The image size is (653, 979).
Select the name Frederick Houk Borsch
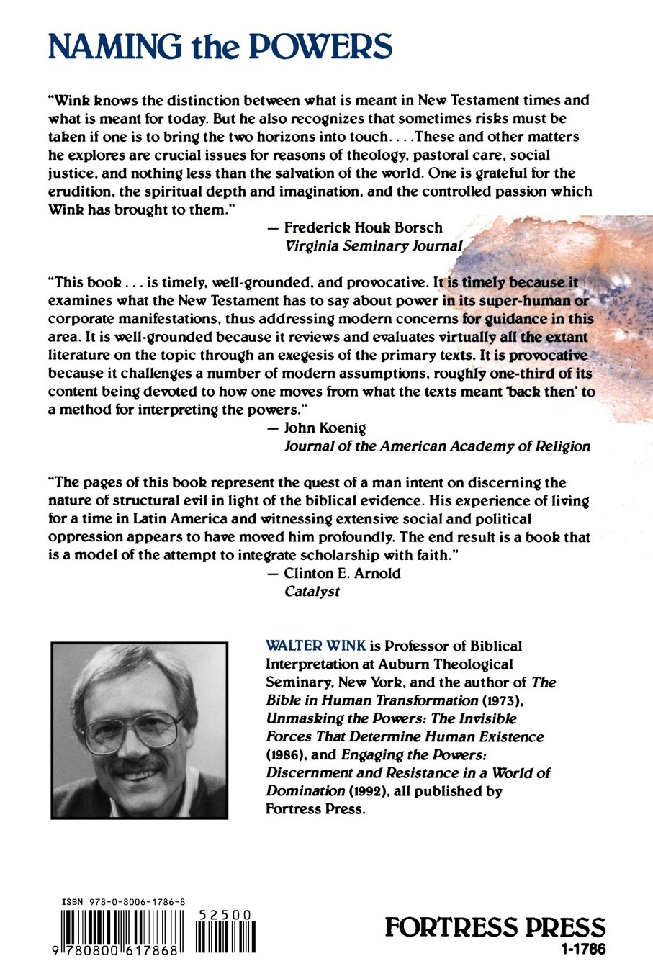click(x=363, y=227)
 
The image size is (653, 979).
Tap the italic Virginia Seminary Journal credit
click(x=373, y=245)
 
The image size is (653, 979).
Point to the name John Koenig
click(x=325, y=428)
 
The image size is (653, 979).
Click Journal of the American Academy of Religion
click(x=437, y=446)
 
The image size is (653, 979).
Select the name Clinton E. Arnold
click(x=342, y=573)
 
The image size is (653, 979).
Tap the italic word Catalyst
click(x=312, y=591)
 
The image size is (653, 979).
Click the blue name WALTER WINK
click(x=315, y=646)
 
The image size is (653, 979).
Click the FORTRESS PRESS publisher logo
click(x=495, y=927)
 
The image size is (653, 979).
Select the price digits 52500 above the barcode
click(x=225, y=915)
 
